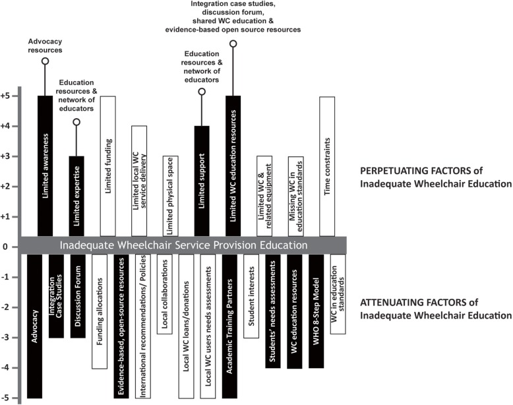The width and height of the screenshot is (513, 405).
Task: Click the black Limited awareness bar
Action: tap(45, 165)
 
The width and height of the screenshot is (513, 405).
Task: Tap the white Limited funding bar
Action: tap(108, 165)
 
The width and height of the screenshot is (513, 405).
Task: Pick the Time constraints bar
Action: tap(327, 165)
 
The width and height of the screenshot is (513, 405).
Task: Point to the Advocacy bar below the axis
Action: tap(35, 327)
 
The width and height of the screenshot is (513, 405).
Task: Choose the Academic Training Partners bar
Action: tap(229, 327)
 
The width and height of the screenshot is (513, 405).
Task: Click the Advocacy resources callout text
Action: tap(45, 45)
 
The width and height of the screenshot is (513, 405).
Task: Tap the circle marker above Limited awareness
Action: tap(45, 61)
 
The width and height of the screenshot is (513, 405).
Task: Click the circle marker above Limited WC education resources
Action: tap(233, 44)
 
